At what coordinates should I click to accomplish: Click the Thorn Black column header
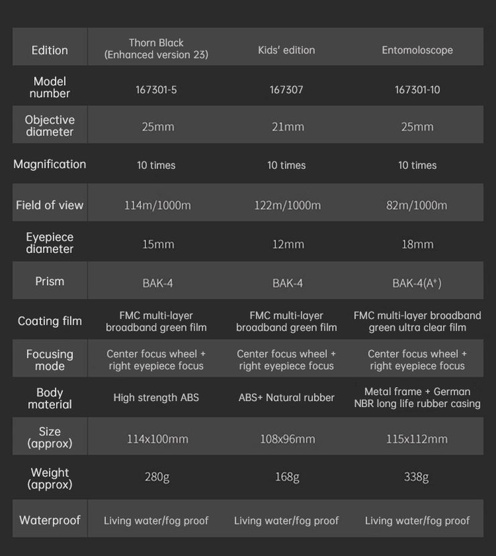click(156, 49)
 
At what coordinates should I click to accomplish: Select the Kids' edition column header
click(286, 50)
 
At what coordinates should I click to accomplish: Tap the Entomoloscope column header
click(417, 50)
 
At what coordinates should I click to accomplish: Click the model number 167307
click(286, 89)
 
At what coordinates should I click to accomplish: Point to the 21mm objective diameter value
click(287, 127)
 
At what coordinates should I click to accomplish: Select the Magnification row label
click(50, 164)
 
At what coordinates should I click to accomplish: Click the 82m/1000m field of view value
click(417, 205)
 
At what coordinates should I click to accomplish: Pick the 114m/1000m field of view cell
click(158, 205)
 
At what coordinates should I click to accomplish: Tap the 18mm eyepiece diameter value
click(417, 244)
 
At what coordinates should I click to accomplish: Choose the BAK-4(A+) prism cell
click(417, 283)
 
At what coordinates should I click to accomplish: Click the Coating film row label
click(50, 321)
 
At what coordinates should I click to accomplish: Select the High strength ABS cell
click(156, 398)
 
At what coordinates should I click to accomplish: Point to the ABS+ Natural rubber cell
click(286, 398)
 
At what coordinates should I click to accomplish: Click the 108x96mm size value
click(287, 439)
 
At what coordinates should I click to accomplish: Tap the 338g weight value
click(416, 477)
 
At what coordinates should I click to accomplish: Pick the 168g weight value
click(287, 477)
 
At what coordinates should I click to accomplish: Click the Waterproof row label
click(50, 520)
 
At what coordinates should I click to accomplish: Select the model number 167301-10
click(417, 89)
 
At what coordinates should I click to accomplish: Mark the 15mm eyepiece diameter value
click(158, 244)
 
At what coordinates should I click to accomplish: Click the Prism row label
click(50, 281)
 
